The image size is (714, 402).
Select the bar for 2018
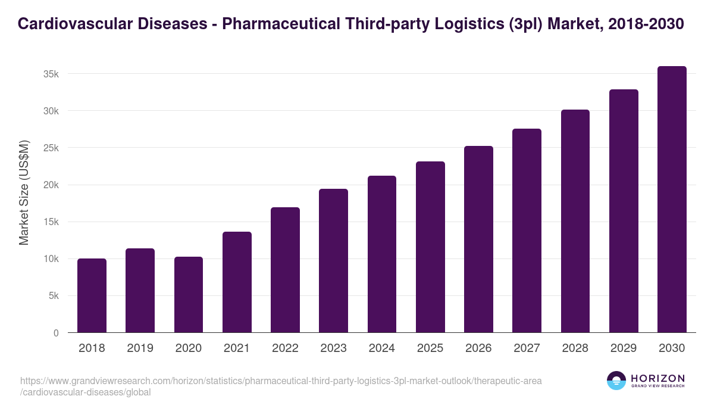point(92,295)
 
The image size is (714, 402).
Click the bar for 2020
point(189,295)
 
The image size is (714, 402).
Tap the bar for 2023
point(333,261)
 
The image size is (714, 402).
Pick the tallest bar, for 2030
point(672,200)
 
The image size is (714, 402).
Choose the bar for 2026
point(478,239)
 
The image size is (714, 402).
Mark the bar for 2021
point(237,282)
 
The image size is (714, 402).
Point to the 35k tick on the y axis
point(51,74)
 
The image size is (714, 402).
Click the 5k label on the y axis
point(53,296)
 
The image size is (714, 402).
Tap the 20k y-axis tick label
point(51,185)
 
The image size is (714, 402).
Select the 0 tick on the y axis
point(56,333)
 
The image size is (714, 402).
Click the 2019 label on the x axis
point(140,348)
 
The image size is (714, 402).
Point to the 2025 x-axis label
point(430,348)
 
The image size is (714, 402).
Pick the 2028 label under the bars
point(575,348)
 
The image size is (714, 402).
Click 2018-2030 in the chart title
point(646,24)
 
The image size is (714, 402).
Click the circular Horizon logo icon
point(616,381)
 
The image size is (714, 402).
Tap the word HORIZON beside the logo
point(657,378)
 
